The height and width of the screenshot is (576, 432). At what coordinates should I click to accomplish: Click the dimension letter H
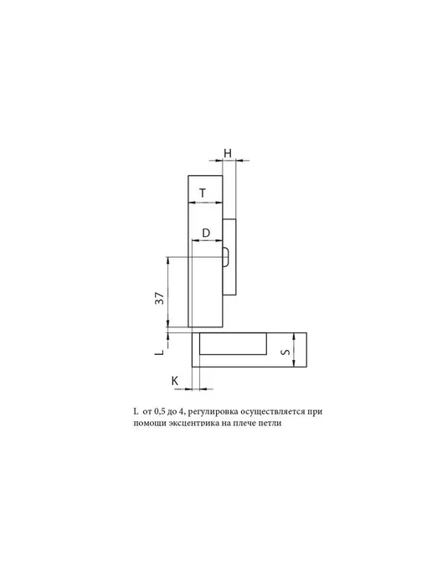click(x=228, y=153)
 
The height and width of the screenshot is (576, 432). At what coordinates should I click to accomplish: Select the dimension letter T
click(x=203, y=193)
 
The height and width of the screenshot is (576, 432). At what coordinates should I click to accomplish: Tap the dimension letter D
click(x=206, y=233)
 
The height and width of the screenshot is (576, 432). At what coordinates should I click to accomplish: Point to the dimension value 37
click(x=159, y=298)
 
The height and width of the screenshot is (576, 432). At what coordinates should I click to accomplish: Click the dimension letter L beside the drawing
click(x=159, y=352)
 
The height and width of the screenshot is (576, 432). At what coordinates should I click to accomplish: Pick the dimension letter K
click(x=175, y=381)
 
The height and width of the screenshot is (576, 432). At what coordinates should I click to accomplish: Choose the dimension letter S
click(x=285, y=352)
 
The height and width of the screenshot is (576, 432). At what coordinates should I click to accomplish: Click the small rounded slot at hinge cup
click(x=226, y=256)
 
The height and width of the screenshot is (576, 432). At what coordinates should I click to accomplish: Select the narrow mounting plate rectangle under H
click(x=229, y=257)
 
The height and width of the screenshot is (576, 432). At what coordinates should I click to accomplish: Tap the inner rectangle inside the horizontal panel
click(x=233, y=344)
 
